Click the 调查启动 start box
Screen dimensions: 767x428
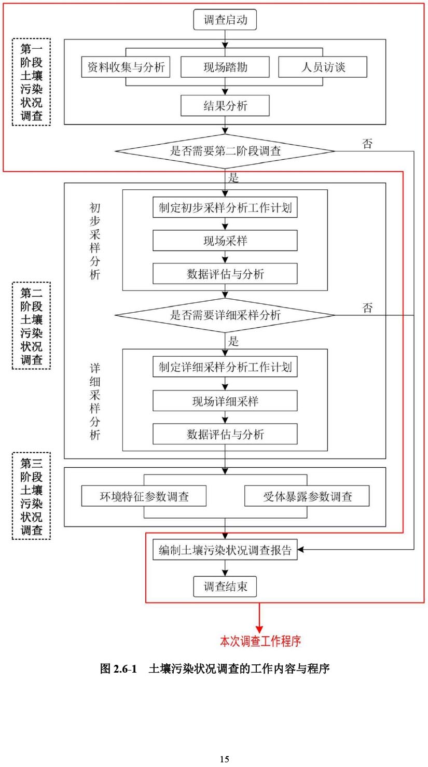pos(225,21)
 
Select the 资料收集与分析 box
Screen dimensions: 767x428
pos(126,67)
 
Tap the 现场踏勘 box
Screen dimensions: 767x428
pos(225,67)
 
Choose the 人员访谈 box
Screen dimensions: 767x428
pos(323,67)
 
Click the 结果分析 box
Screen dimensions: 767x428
pos(225,106)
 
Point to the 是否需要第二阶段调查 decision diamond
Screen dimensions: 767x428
pos(225,151)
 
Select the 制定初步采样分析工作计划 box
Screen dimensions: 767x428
pos(225,208)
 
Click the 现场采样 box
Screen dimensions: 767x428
pos(225,241)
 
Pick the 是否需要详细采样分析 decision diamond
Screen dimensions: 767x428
pos(225,315)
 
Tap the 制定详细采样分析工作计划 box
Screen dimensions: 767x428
pos(225,368)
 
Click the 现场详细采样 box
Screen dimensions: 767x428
pos(225,401)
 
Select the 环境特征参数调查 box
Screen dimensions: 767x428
pos(144,496)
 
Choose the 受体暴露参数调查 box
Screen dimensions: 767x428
pos(307,496)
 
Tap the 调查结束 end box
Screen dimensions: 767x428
pos(225,587)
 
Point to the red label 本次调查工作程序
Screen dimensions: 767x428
pos(260,642)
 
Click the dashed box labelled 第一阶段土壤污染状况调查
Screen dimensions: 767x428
pos(31,82)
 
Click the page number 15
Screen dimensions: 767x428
pos(224,759)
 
